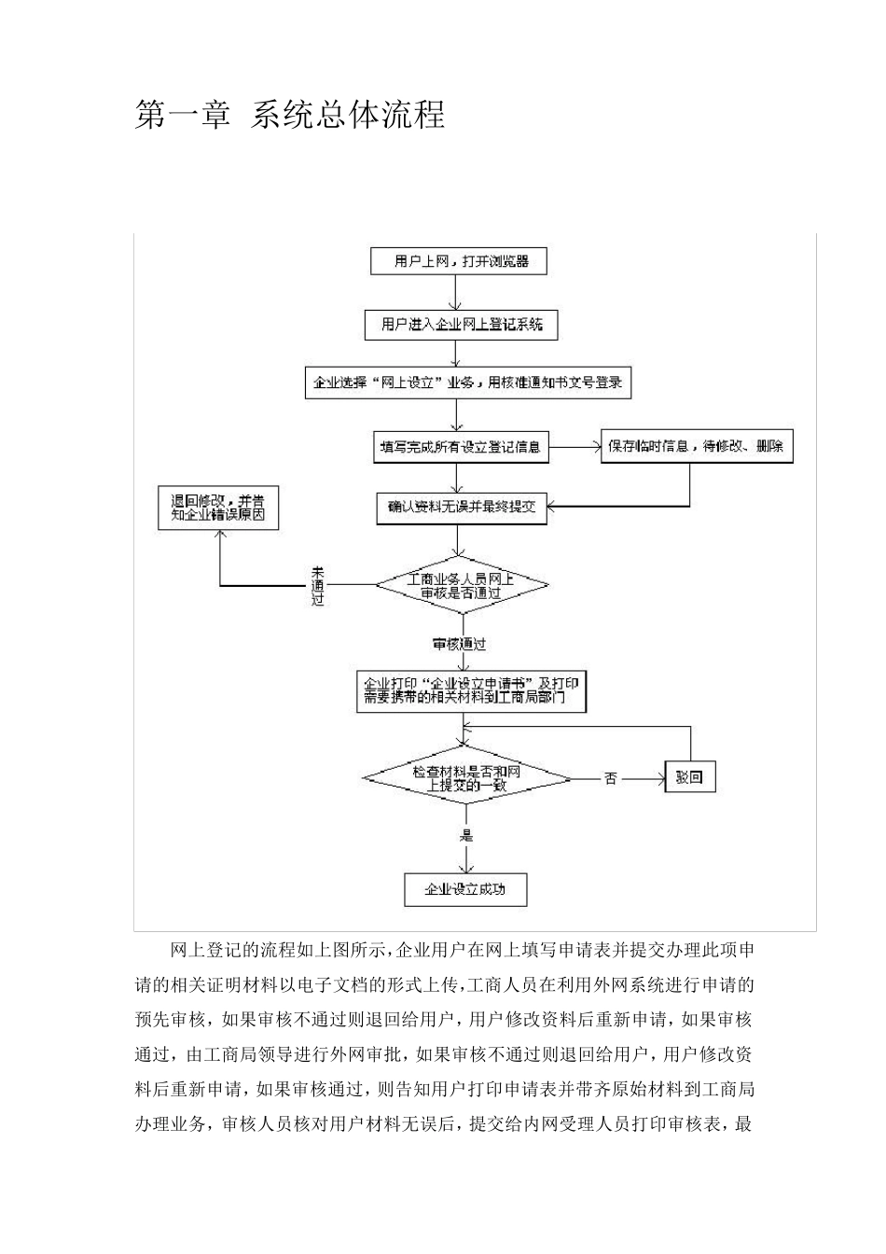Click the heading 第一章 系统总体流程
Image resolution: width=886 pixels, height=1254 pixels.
290,115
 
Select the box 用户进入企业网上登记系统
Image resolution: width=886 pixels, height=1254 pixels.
461,325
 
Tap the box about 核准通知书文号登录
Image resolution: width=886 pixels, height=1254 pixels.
468,383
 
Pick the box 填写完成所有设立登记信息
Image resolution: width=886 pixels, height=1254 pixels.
460,447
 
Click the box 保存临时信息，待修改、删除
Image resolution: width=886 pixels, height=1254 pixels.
696,447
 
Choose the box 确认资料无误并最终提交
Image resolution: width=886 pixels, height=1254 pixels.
461,508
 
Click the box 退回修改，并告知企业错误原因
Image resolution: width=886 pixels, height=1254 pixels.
217,508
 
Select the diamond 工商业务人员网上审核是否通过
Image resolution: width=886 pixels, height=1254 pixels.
461,586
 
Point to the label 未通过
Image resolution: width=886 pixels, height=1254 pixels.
318,585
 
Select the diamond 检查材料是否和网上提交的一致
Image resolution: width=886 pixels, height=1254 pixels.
466,778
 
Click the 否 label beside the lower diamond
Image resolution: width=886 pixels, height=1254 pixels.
611,778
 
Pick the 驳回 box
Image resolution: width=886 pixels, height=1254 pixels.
689,777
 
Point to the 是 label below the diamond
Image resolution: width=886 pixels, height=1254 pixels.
465,835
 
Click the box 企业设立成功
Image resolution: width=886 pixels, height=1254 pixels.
465,889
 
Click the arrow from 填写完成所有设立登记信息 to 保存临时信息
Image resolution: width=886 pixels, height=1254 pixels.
575,447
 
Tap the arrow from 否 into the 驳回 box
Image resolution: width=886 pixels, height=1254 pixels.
644,778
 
